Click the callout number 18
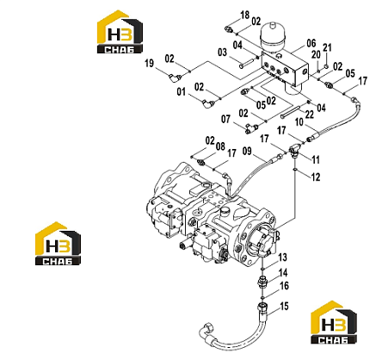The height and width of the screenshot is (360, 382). [x=245, y=15]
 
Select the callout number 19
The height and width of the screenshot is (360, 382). [x=149, y=63]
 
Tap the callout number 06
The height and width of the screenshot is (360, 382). [x=311, y=43]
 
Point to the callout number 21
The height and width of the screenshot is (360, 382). [x=327, y=47]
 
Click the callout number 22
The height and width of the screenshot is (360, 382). [x=310, y=115]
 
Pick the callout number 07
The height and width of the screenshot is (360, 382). [x=225, y=119]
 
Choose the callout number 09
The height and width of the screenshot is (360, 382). [x=247, y=151]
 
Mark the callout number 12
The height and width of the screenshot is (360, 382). [x=316, y=177]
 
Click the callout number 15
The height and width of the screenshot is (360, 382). [x=284, y=307]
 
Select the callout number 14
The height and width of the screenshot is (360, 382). [x=283, y=273]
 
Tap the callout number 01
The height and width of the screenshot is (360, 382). [x=182, y=92]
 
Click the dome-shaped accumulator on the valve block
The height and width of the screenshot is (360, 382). [x=272, y=37]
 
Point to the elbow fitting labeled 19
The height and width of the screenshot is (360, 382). [x=174, y=78]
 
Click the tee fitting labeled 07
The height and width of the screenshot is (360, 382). [x=251, y=128]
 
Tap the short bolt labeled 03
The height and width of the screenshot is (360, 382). [x=247, y=63]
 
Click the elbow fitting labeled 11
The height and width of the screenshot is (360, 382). [x=294, y=150]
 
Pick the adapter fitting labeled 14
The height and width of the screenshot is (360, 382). [x=263, y=282]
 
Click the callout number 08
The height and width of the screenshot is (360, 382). [x=220, y=146]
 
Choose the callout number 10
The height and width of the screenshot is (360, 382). [x=299, y=122]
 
